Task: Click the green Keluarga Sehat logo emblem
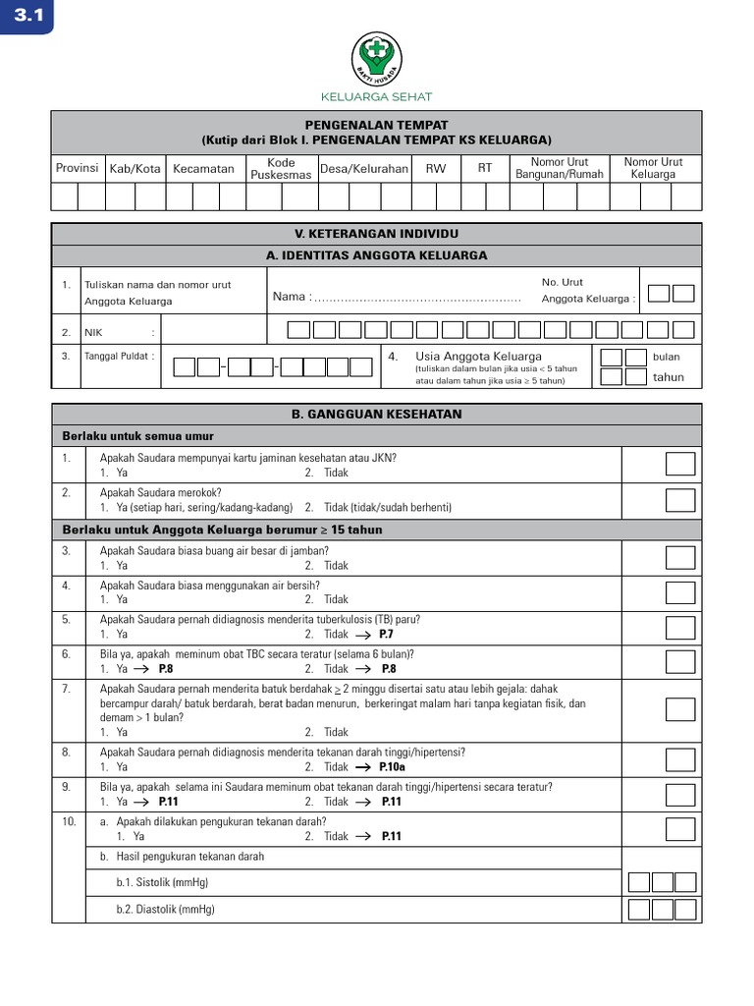(376, 60)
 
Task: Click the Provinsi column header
(77, 168)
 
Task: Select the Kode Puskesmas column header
(281, 168)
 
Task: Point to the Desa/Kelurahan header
(364, 168)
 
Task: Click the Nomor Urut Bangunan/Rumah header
(559, 168)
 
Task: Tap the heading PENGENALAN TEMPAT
(376, 125)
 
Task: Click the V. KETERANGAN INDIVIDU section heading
(376, 234)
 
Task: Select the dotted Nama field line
(417, 298)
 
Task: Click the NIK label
(93, 332)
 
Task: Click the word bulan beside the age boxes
(666, 357)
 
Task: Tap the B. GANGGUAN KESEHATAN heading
(376, 415)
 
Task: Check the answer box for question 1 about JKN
(680, 464)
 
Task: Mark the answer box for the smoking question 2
(680, 499)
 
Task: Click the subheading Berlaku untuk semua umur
(138, 436)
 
